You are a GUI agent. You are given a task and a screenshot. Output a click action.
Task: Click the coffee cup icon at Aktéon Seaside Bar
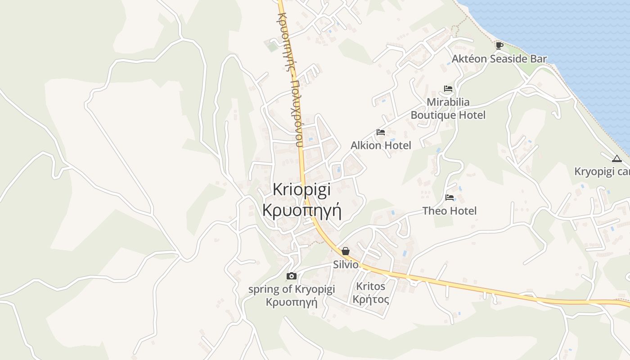pos(499,45)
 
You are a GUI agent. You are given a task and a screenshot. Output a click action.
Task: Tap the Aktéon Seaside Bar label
pos(499,59)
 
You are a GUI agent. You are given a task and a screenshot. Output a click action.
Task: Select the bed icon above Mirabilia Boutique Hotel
pos(448,89)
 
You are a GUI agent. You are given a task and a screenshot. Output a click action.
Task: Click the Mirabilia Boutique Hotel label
pos(448,108)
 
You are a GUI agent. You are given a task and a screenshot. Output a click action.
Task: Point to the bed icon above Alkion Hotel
pos(381,132)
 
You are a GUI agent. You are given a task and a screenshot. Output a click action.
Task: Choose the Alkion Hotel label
pos(381,145)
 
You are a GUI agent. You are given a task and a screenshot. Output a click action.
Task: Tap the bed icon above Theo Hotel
pos(450,197)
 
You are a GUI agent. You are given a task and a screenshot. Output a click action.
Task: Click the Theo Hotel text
pos(450,211)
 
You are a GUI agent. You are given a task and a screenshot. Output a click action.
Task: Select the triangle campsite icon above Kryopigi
pos(616,158)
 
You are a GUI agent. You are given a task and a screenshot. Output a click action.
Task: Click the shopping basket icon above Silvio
pos(345,251)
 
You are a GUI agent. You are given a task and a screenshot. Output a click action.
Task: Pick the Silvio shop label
pos(346,265)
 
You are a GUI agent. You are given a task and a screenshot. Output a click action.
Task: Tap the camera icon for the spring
pos(292,276)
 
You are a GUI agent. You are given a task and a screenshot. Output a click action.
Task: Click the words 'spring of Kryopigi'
pos(292,289)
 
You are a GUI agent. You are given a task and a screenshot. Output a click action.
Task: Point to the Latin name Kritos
pos(370,286)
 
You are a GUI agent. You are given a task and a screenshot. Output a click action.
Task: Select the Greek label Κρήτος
pos(370,299)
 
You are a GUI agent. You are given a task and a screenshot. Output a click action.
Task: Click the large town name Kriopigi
pos(301,189)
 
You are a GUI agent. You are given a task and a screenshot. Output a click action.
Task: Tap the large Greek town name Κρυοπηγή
pos(301,210)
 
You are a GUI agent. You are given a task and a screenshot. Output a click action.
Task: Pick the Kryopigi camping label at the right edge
pos(602,172)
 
